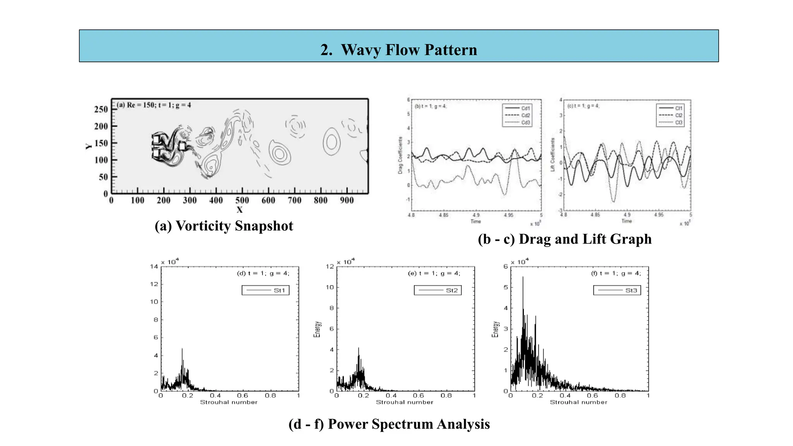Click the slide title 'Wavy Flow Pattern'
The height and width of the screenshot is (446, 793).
[x=399, y=50]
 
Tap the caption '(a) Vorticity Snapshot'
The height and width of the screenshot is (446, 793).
[x=224, y=226]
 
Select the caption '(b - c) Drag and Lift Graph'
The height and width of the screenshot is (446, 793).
[x=565, y=239]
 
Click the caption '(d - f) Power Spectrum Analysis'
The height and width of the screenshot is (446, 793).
[x=389, y=424]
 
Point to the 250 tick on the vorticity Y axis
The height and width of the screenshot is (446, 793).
[x=101, y=109]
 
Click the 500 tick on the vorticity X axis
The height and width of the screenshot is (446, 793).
[x=242, y=200]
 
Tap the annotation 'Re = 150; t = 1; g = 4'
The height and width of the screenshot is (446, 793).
[x=154, y=105]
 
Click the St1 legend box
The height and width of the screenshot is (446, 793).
[x=266, y=290]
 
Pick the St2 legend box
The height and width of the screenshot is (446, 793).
[x=438, y=290]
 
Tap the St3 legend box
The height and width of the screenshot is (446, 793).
[x=617, y=290]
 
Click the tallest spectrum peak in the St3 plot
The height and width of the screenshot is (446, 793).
[x=523, y=277]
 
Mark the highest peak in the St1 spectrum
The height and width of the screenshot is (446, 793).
[x=182, y=349]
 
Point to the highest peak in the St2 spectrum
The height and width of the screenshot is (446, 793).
[x=359, y=348]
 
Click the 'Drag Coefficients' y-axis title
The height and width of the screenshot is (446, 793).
[x=400, y=155]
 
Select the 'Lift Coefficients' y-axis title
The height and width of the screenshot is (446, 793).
[x=553, y=154]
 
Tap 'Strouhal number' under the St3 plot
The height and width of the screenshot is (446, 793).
[x=578, y=402]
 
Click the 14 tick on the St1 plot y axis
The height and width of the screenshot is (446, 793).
[x=154, y=266]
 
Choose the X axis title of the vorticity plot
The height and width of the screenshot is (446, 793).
[x=240, y=210]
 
